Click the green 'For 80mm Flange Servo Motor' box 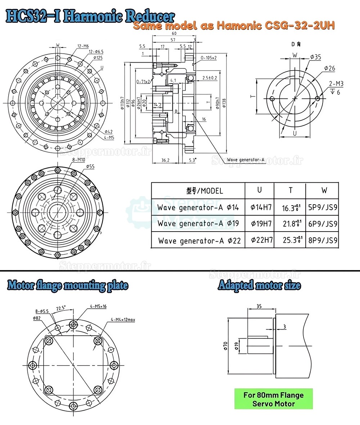(274, 399)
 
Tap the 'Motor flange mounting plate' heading (68, 286)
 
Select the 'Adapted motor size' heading (259, 286)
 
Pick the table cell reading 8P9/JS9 (323, 240)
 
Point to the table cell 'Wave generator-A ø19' (198, 224)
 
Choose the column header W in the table (323, 190)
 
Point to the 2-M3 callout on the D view (337, 84)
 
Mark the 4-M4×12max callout (123, 319)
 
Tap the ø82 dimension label (36, 318)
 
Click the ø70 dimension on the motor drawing (225, 345)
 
